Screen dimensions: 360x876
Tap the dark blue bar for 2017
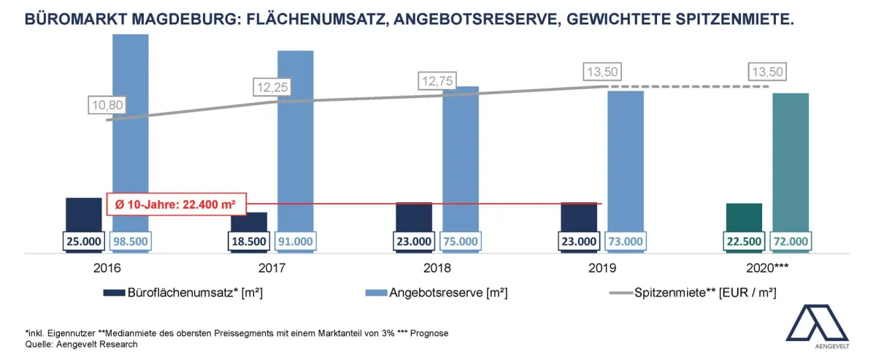tap(249, 222)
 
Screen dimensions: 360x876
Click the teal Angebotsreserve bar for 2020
tap(791, 161)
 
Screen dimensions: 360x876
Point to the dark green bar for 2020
tap(744, 216)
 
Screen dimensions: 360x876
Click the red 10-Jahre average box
tap(175, 204)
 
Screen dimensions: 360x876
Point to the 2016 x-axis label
tap(107, 268)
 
